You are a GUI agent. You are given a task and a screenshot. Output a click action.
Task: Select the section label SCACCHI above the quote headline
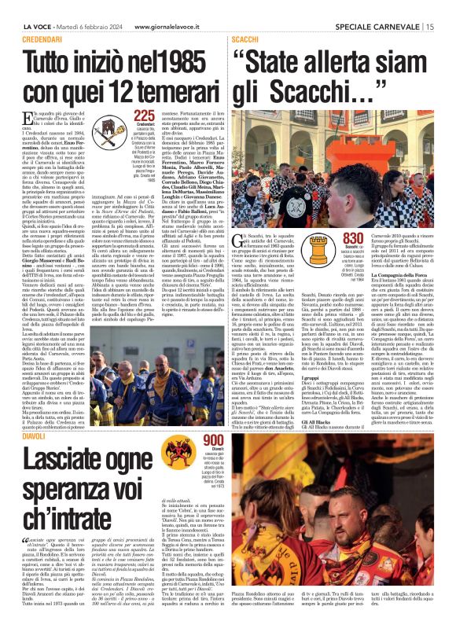246,39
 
